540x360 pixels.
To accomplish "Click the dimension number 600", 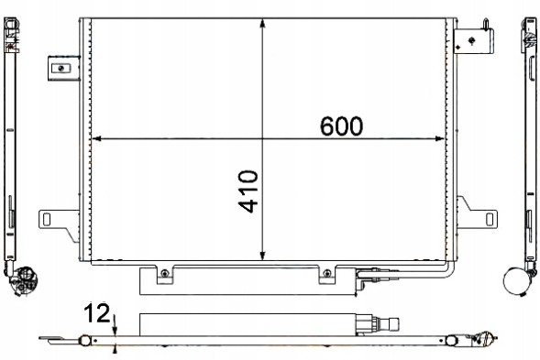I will pyautogui.click(x=341, y=125).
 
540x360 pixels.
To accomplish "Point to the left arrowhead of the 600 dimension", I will pyautogui.click(x=99, y=139).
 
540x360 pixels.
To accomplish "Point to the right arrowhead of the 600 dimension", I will pyautogui.click(x=450, y=139).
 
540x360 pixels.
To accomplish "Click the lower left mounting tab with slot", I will pyautogui.click(x=55, y=220).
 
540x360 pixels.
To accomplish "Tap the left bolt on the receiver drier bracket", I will pyautogui.click(x=163, y=273).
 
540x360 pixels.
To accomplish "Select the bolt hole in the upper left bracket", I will pyautogui.click(x=61, y=67).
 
